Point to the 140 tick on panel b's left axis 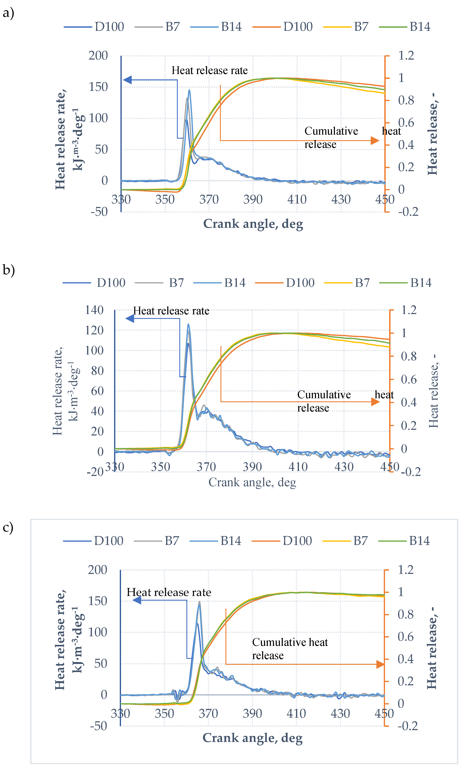pos(94,310)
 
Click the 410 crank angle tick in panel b pos(298,467)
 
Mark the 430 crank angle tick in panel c pos(340,713)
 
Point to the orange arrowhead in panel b pos(375,402)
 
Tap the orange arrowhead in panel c pos(380,664)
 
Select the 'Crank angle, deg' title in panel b pos(252,482)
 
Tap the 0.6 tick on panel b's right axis pos(409,380)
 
